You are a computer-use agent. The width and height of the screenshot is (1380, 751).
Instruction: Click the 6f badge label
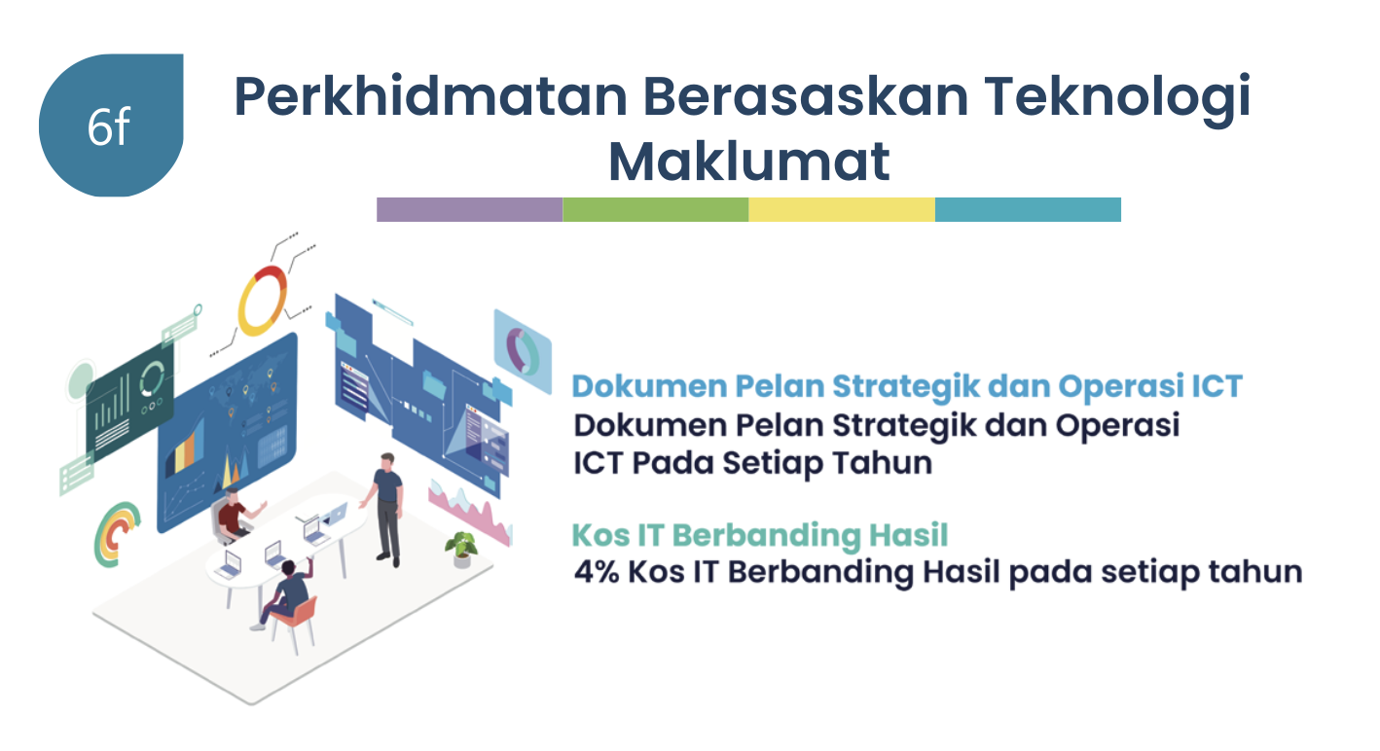[108, 127]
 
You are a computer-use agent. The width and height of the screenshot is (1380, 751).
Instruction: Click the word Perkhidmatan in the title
[430, 96]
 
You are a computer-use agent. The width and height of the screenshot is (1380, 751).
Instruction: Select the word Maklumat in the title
[748, 161]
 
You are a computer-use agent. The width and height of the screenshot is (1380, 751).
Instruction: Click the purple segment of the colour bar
[469, 209]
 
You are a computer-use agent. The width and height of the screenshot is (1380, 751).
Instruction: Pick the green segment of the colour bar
[656, 209]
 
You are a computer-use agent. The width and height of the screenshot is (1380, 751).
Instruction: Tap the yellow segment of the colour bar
[842, 209]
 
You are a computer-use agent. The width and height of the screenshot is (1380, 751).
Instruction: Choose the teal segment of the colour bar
[1028, 209]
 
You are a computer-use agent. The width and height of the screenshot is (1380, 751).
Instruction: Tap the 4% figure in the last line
[597, 572]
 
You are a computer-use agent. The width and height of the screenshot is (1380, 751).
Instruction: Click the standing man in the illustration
[386, 509]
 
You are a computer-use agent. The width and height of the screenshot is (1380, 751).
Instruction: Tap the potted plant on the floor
[461, 549]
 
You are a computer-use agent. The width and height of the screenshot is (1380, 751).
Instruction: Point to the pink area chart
[469, 511]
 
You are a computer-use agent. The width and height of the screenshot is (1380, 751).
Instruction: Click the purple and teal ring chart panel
[523, 351]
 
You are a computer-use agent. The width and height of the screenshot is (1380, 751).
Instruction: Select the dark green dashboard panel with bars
[129, 400]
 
